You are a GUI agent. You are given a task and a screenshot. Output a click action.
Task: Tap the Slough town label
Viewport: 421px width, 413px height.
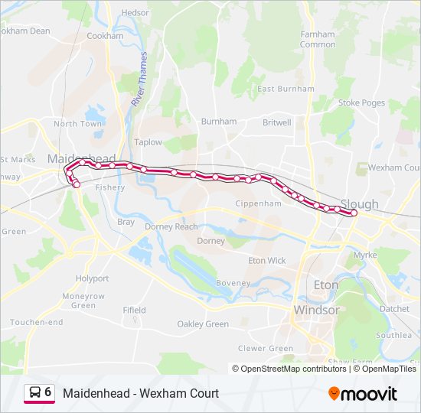(x=359, y=204)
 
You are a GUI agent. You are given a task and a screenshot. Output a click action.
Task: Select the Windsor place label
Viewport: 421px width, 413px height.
(x=316, y=311)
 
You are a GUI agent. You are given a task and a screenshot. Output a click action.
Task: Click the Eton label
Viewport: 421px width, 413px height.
(x=326, y=285)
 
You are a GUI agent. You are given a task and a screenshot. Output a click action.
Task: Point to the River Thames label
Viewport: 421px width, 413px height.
(x=140, y=79)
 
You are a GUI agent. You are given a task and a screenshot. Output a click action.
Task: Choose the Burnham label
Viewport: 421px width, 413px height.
(x=219, y=122)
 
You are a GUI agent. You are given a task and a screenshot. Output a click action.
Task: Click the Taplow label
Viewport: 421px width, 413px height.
(x=148, y=142)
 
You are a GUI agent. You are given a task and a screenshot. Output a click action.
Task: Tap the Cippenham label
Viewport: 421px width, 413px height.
(x=259, y=204)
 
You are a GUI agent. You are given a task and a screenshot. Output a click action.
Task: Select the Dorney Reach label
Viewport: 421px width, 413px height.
(x=171, y=226)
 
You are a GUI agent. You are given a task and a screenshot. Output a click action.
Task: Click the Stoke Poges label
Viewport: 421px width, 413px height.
(x=361, y=102)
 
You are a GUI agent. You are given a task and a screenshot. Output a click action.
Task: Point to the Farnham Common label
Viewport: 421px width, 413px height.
(x=318, y=40)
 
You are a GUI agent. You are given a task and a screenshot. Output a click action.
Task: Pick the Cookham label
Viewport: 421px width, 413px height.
(x=105, y=36)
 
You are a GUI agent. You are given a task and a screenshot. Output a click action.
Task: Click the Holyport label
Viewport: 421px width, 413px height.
(x=92, y=278)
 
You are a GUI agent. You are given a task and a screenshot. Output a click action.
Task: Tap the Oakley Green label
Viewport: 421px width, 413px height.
(x=203, y=324)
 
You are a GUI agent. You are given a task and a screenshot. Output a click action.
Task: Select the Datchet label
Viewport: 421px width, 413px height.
(x=394, y=309)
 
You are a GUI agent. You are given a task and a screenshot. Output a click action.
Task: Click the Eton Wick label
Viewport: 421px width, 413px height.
(x=267, y=261)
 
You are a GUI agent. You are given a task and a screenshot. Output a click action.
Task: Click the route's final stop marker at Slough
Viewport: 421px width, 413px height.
(x=354, y=213)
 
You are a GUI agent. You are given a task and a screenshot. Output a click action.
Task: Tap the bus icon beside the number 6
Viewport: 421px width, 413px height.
(x=35, y=392)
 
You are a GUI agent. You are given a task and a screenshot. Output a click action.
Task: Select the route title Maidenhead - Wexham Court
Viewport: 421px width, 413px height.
(x=141, y=393)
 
